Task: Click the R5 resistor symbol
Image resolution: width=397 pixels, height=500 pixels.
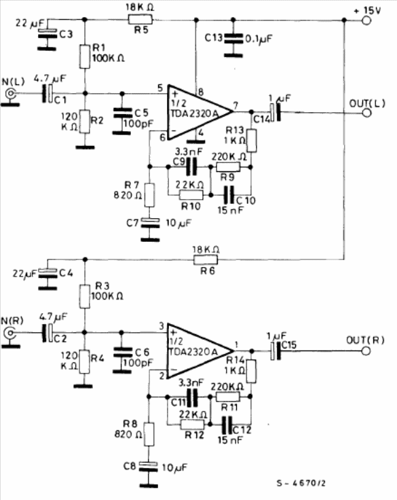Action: point(140,20)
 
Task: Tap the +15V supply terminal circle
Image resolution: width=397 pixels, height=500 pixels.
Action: point(366,21)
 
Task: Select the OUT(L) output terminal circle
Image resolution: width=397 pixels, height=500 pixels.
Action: point(366,113)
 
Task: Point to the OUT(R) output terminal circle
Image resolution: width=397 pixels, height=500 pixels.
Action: point(366,351)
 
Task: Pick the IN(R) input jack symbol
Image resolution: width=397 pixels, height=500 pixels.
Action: point(10,334)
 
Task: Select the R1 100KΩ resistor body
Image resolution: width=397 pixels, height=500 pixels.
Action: point(85,57)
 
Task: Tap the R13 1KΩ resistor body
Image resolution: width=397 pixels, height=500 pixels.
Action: point(252,141)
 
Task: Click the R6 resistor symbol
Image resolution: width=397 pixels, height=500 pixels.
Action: point(206,260)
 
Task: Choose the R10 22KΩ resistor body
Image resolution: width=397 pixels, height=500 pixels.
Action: point(191,195)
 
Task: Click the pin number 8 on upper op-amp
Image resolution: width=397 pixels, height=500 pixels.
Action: point(201,92)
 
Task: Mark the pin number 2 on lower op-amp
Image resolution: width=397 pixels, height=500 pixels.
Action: point(162,376)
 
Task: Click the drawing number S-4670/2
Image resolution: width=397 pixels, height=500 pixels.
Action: point(301,483)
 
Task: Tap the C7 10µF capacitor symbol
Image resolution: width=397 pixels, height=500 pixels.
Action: point(150,223)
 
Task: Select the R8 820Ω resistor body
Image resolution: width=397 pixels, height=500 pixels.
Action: point(149,434)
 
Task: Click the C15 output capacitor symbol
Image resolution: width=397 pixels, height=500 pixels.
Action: point(276,351)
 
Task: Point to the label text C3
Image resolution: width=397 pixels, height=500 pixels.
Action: point(66,34)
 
